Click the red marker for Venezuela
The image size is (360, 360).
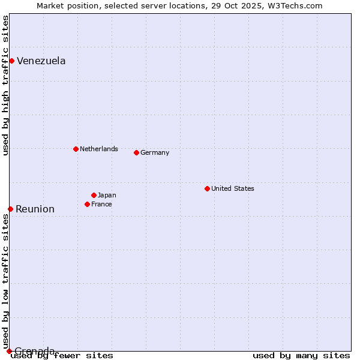11,61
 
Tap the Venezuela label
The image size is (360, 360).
41,61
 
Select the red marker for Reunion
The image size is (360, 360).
10,209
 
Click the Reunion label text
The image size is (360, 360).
35,209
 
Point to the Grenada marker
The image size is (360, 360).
9,351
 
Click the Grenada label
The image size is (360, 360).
35,350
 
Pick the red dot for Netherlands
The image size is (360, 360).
76,149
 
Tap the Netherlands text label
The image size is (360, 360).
99,149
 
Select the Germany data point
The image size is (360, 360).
136,152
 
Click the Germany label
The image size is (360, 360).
155,152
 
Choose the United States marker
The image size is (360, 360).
207,188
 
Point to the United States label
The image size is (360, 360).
233,188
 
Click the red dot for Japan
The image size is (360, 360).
94,195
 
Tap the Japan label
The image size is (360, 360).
107,195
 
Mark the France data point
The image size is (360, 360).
87,204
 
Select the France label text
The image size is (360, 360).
101,204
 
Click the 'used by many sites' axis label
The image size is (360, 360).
301,355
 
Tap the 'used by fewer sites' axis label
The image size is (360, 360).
63,355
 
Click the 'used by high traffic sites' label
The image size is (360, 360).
5,85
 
